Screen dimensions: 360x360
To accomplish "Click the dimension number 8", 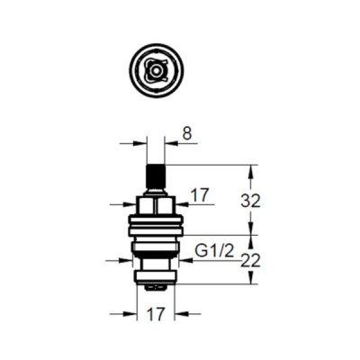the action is pyautogui.click(x=186, y=134).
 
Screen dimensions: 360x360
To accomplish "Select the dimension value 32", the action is pyautogui.click(x=250, y=202).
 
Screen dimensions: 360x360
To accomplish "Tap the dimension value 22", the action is pyautogui.click(x=251, y=261).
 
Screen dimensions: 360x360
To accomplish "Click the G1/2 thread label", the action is pyautogui.click(x=214, y=251).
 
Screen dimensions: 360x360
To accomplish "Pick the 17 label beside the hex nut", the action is pyautogui.click(x=200, y=195).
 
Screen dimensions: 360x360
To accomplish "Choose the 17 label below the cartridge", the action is pyautogui.click(x=156, y=314).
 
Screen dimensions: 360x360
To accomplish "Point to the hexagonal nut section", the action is pyautogui.click(x=156, y=206).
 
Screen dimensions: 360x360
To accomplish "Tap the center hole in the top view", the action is pyautogui.click(x=156, y=72).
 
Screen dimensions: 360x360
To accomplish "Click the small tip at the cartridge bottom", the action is pyautogui.click(x=156, y=288).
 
